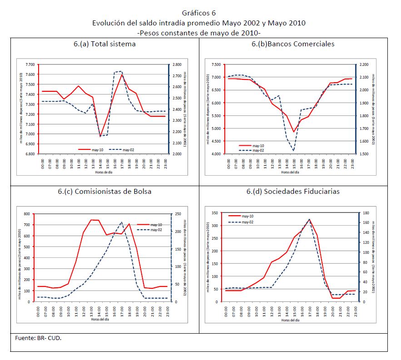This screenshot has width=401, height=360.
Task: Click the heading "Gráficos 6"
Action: point(199,13)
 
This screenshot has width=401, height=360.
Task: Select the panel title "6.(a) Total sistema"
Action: point(104,44)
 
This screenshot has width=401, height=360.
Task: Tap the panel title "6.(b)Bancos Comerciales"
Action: point(293,44)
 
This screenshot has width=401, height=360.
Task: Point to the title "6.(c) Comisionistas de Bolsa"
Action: point(104,191)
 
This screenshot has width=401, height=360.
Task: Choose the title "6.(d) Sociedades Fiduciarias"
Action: point(293,191)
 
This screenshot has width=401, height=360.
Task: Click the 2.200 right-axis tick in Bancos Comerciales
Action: point(364,64)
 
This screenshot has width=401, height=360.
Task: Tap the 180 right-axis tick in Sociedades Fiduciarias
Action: point(365,213)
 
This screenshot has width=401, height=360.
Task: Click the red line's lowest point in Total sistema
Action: point(100,136)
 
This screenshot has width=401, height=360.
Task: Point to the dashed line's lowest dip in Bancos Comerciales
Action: point(293,151)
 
